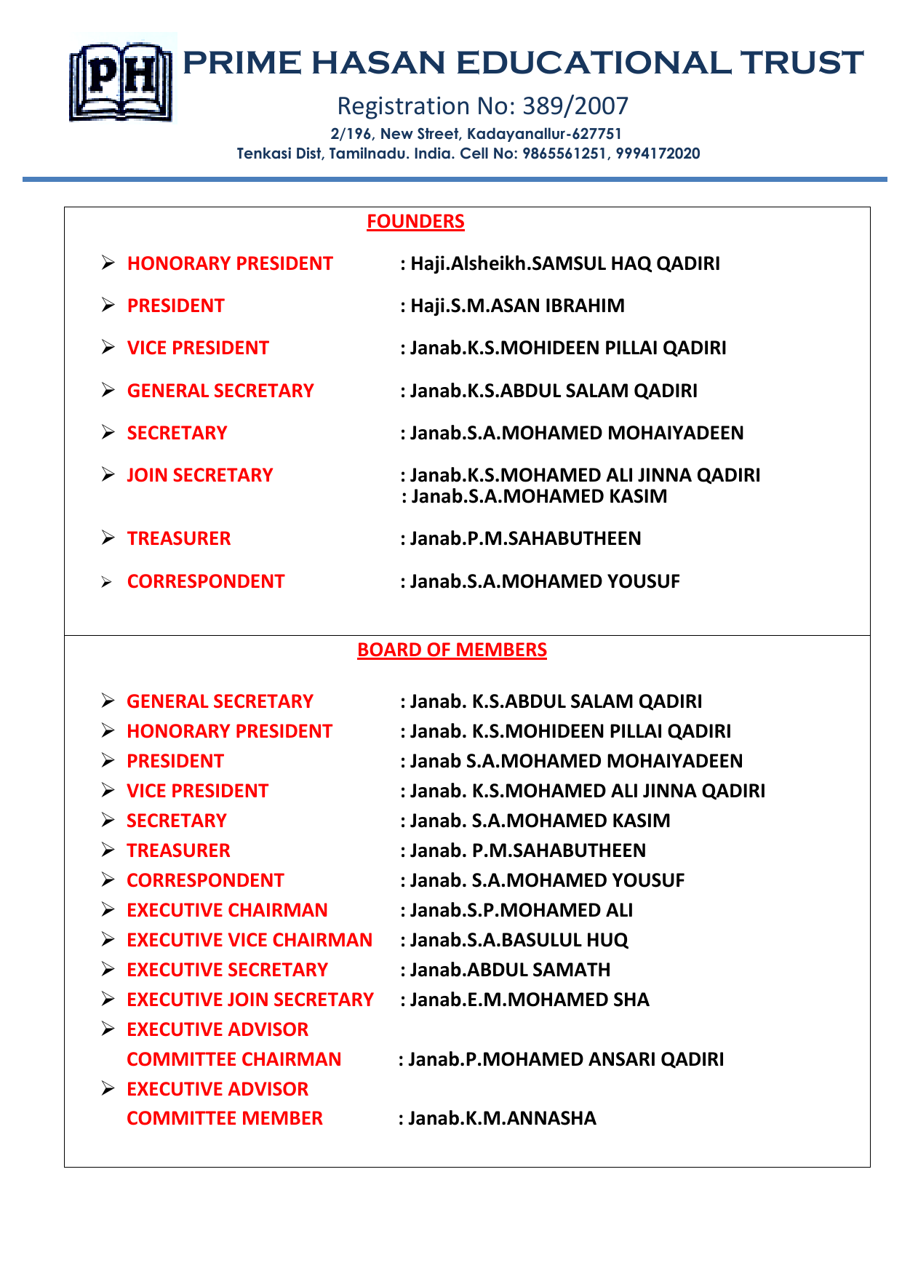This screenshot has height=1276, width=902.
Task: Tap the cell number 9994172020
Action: click(x=658, y=153)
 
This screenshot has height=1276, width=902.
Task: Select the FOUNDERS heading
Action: click(x=415, y=221)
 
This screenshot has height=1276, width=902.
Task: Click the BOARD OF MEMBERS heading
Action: click(x=452, y=650)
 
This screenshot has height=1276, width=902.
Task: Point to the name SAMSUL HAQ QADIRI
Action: click(x=626, y=263)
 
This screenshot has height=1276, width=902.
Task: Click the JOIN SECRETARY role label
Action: click(x=200, y=475)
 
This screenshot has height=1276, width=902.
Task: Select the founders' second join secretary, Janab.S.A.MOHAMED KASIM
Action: click(x=538, y=496)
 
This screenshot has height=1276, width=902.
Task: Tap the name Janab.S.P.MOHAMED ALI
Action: click(x=521, y=910)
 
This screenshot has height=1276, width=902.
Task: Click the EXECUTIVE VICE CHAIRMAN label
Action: click(x=250, y=940)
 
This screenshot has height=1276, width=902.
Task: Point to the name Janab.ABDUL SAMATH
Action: click(x=510, y=970)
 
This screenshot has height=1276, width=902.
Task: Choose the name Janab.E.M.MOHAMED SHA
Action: click(x=529, y=1000)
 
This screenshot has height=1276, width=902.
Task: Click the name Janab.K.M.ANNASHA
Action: click(x=501, y=1118)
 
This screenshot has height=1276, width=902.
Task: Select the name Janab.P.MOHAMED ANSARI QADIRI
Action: click(x=565, y=1059)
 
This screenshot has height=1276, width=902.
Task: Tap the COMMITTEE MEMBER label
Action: click(x=225, y=1118)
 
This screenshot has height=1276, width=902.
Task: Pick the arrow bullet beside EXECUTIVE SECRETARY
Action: click(x=108, y=970)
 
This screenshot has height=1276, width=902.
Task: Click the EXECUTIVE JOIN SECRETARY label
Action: click(x=250, y=1000)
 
